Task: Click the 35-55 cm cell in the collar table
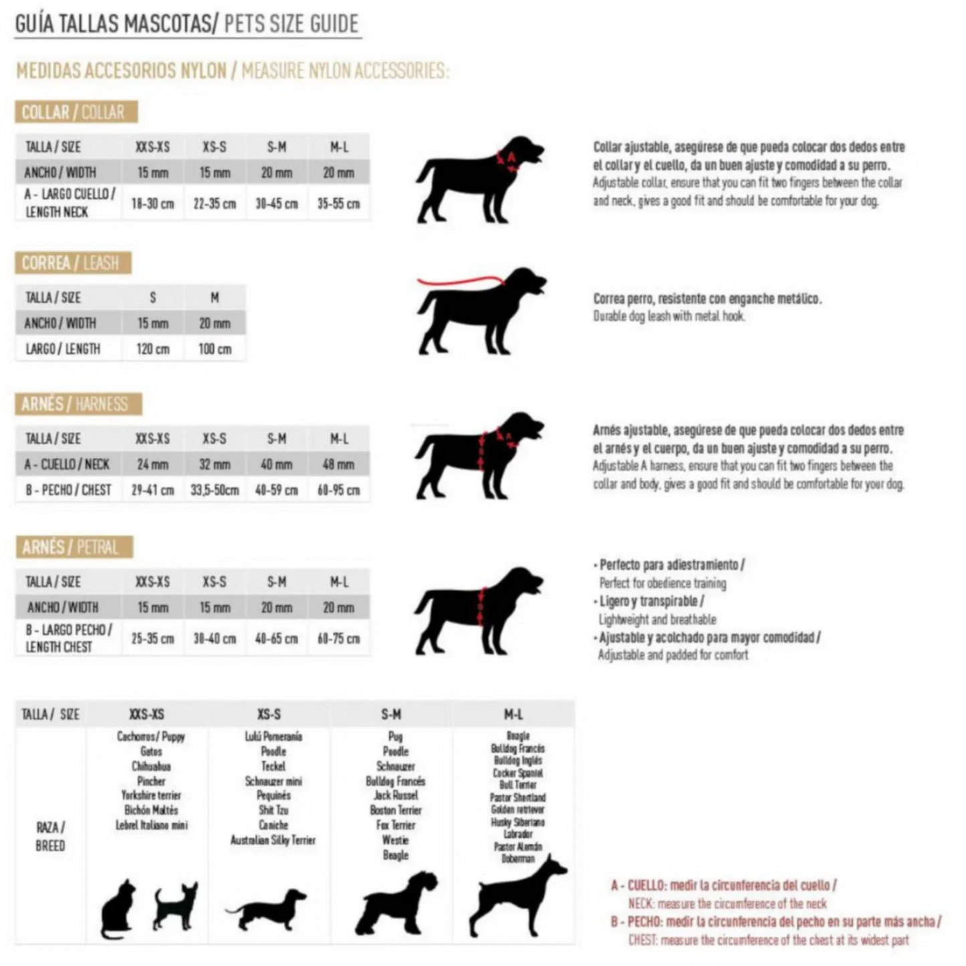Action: click(x=338, y=203)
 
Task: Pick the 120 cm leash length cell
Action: click(x=152, y=349)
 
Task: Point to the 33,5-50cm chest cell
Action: click(x=215, y=490)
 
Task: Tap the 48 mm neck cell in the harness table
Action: click(x=338, y=464)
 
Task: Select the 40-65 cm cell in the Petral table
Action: click(x=277, y=638)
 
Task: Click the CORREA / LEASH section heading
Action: click(x=73, y=263)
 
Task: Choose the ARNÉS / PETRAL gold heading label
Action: click(x=74, y=548)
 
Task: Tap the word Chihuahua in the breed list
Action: click(x=151, y=766)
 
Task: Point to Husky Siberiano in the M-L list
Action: click(x=517, y=822)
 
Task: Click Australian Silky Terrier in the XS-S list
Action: click(x=273, y=840)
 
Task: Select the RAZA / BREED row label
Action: click(x=50, y=836)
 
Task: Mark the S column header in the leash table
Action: click(x=152, y=297)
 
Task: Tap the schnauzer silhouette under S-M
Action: click(x=396, y=902)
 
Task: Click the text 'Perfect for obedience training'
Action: click(x=662, y=583)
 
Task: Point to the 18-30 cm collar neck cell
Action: click(x=152, y=203)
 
